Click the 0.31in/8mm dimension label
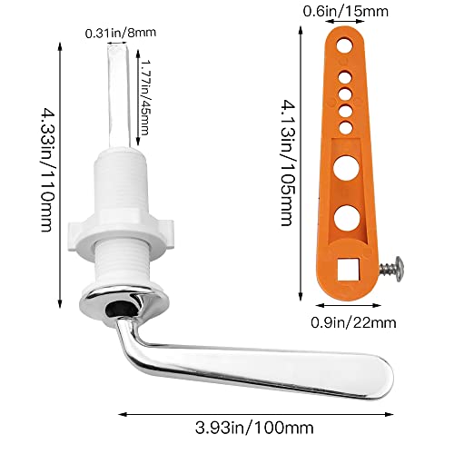(x=121, y=33)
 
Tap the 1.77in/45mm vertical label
(x=145, y=97)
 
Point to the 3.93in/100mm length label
(x=254, y=428)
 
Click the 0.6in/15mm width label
(x=346, y=12)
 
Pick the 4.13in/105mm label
(x=286, y=163)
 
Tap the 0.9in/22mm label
(x=353, y=322)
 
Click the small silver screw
(x=391, y=269)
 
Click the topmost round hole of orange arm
(x=345, y=46)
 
